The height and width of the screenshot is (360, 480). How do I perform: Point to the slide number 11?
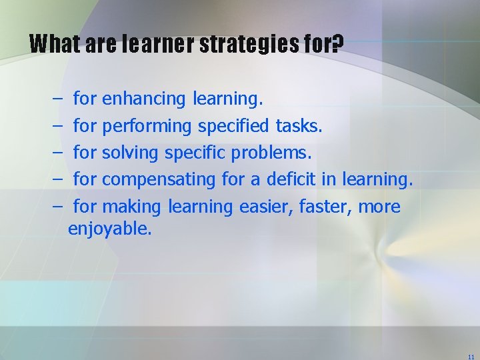[471, 357]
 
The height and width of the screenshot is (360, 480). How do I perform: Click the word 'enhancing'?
[144, 100]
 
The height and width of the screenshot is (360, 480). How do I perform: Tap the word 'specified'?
[234, 127]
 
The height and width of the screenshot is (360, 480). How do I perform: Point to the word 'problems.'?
[271, 153]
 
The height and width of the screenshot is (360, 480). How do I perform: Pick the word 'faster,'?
[327, 207]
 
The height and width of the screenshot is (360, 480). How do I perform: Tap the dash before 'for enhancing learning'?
[53, 100]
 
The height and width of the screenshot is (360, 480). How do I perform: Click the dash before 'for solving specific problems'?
[53, 153]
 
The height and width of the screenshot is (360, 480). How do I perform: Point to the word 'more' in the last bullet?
[379, 207]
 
